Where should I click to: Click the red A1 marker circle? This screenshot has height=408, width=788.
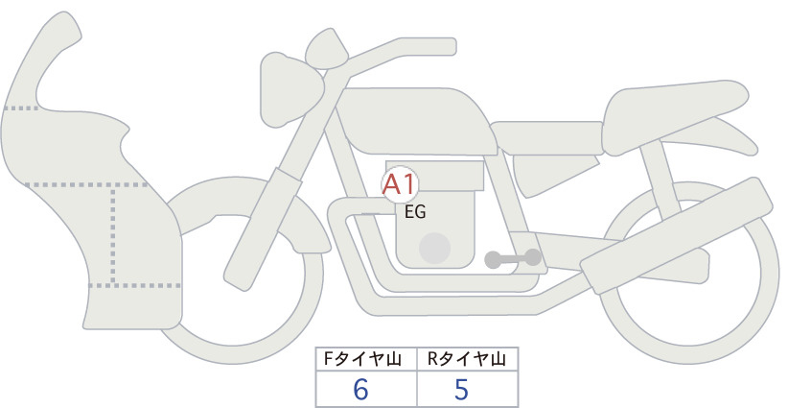pos(400,184)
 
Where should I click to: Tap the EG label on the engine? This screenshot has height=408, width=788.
pos(415,212)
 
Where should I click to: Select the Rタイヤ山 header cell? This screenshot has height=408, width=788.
pos(468,359)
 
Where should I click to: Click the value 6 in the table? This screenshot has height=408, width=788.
pos(360,390)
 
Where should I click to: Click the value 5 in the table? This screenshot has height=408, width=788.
pos(461,390)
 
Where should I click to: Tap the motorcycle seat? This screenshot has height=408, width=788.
pos(673,116)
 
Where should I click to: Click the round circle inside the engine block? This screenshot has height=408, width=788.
pos(434,248)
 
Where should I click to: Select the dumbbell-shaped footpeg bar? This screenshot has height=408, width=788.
pos(513,258)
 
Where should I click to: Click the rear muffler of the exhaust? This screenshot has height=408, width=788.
pos(676,235)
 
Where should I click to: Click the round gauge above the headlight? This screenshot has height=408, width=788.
pos(327,49)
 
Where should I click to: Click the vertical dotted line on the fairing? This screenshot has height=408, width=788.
pos(113,234)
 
